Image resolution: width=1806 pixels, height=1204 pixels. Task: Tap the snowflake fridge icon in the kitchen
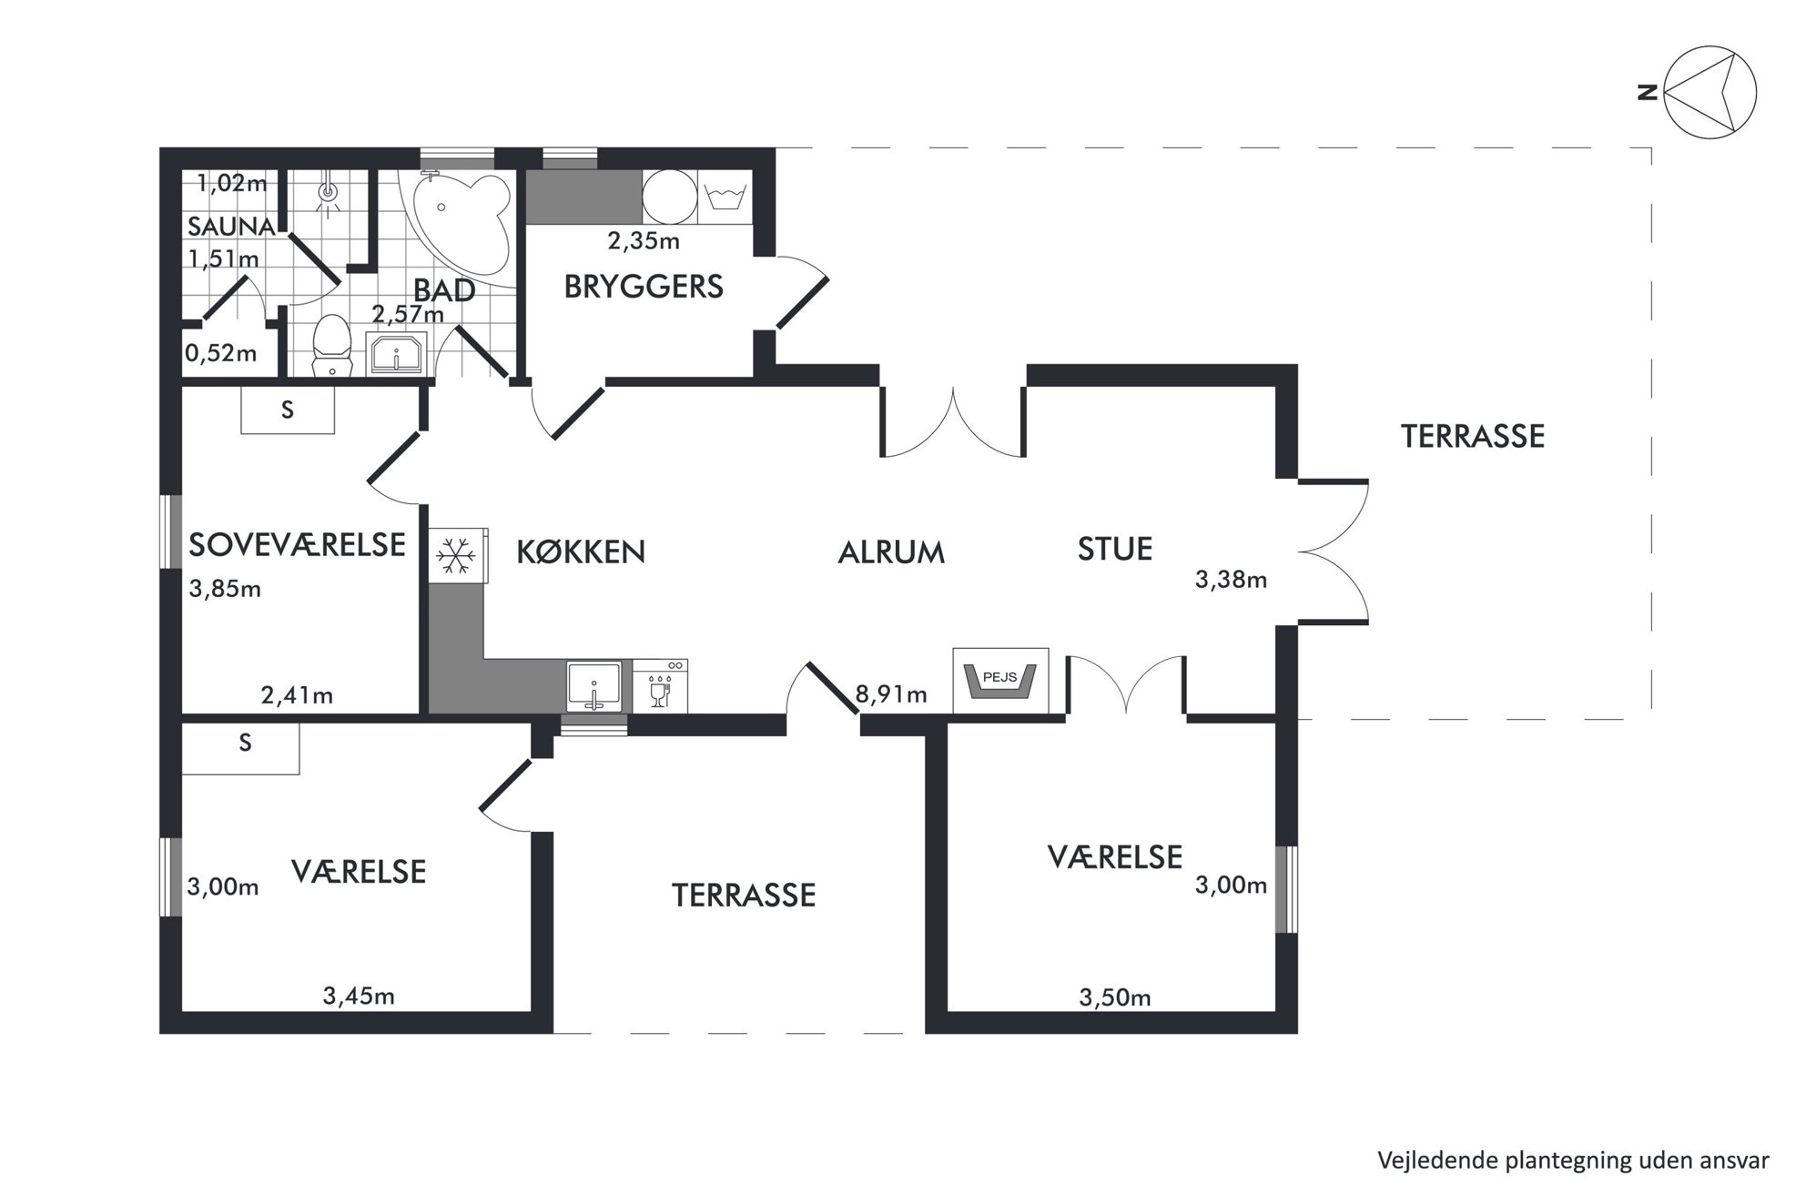(x=455, y=554)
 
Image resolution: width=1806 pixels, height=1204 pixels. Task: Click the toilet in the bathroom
(x=331, y=346)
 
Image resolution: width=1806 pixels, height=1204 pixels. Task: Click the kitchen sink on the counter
(x=594, y=686)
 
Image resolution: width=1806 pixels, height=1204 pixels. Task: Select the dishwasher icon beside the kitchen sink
(x=660, y=686)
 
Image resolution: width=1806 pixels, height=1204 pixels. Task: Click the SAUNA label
(x=231, y=227)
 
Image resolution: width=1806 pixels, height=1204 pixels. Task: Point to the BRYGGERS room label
(x=644, y=287)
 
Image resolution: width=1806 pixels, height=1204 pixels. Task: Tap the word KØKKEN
(x=581, y=551)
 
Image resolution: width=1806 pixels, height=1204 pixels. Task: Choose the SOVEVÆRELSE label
(x=297, y=544)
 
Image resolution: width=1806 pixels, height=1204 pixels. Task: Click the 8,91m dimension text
(x=891, y=695)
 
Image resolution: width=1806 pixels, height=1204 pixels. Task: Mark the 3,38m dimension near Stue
(x=1231, y=580)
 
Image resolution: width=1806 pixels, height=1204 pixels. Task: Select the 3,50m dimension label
(x=1115, y=998)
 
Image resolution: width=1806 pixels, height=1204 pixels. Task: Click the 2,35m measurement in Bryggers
(x=644, y=241)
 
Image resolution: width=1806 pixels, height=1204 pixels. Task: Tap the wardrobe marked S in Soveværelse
(x=288, y=410)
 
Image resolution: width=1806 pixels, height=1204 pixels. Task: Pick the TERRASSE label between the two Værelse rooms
(x=744, y=895)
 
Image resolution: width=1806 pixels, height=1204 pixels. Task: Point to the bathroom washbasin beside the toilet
(x=396, y=353)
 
